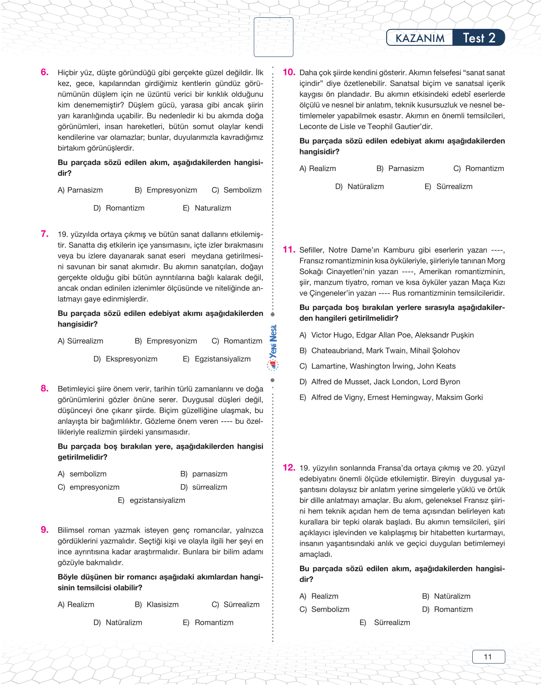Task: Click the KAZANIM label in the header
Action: click(420, 38)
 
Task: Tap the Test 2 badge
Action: click(479, 38)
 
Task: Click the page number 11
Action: click(488, 657)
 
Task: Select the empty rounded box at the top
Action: click(273, 37)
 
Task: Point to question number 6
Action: click(45, 72)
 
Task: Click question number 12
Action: click(289, 467)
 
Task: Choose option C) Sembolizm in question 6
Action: click(237, 190)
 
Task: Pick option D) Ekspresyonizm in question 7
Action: click(126, 359)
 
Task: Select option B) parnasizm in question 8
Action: click(204, 474)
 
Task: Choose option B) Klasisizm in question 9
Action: click(157, 604)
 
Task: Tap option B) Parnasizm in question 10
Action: click(400, 168)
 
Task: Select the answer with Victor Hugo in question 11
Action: click(387, 335)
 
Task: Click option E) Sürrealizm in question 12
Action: click(385, 622)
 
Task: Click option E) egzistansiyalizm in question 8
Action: click(151, 500)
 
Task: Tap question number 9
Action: click(45, 530)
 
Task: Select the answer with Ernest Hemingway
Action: click(391, 397)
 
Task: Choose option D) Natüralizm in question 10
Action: click(359, 186)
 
